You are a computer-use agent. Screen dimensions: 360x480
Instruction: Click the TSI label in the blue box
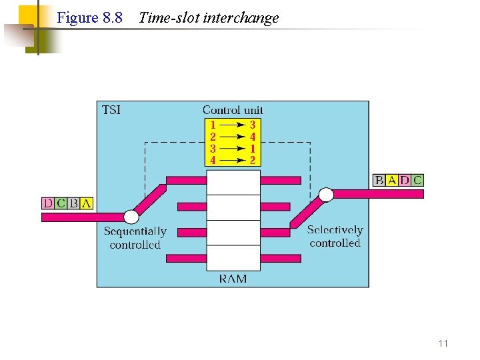click(x=111, y=109)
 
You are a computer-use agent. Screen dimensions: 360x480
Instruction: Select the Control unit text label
click(x=233, y=110)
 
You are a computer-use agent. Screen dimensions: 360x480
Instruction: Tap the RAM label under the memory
click(x=233, y=279)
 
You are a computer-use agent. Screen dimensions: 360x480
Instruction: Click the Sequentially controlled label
click(x=135, y=238)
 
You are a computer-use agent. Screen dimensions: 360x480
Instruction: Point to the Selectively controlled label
click(x=335, y=237)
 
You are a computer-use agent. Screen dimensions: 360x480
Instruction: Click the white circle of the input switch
click(x=131, y=217)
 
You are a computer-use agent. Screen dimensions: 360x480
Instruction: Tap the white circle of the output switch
click(x=326, y=194)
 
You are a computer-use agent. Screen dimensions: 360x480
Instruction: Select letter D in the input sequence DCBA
click(x=47, y=203)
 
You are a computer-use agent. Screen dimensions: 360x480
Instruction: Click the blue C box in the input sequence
click(x=61, y=203)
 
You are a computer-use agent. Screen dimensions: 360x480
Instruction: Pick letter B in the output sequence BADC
click(x=379, y=180)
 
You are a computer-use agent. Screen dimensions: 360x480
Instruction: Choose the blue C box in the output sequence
click(x=417, y=180)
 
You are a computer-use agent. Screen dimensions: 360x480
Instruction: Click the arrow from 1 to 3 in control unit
click(x=233, y=125)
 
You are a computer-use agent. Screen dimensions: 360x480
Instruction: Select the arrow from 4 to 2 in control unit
click(x=233, y=160)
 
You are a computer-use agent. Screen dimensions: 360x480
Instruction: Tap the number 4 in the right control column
click(x=253, y=137)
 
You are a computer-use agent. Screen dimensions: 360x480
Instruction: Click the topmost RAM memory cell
click(x=233, y=182)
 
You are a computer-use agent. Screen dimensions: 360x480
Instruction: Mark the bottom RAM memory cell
click(x=233, y=258)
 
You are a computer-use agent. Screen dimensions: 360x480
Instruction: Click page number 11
click(x=443, y=343)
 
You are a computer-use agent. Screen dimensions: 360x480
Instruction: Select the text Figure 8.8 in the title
click(x=90, y=18)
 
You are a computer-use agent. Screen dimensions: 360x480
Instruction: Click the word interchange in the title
click(x=244, y=18)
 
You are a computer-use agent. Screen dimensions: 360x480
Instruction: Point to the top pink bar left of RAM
click(x=186, y=180)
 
